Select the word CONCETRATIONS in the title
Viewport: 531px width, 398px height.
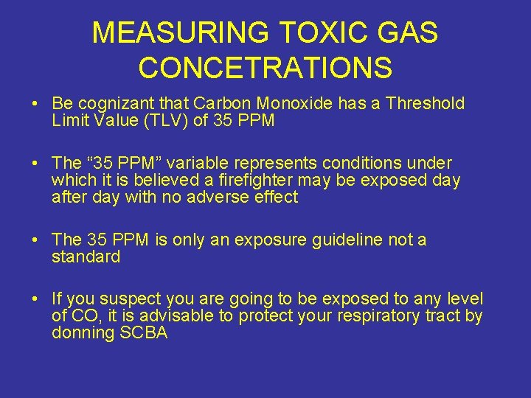click(x=265, y=69)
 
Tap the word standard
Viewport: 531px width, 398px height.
click(x=86, y=256)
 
